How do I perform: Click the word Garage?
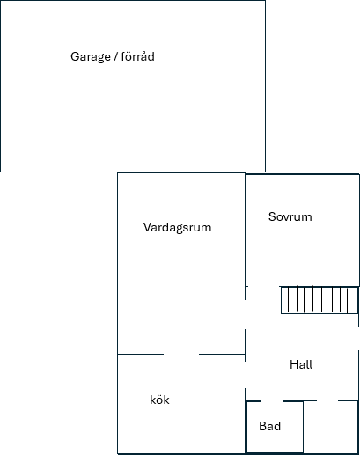(91, 57)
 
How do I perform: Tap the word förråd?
(137, 56)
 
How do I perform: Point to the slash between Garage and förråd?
(115, 56)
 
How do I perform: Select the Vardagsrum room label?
(177, 228)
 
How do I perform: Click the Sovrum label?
(290, 216)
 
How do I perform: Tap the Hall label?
(301, 364)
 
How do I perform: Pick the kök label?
(159, 400)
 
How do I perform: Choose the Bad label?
(270, 426)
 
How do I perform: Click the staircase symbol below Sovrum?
(320, 300)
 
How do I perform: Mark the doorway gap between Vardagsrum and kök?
(181, 354)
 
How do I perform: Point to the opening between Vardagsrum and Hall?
(245, 314)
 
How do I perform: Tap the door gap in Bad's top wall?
(272, 401)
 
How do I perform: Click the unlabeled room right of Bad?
(331, 427)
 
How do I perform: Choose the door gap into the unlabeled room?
(327, 400)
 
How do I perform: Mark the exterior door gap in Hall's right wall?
(358, 338)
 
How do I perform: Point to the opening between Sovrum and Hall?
(263, 286)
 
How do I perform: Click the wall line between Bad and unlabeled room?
(304, 427)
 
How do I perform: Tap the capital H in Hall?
(293, 364)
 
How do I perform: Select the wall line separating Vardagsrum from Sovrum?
(246, 230)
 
